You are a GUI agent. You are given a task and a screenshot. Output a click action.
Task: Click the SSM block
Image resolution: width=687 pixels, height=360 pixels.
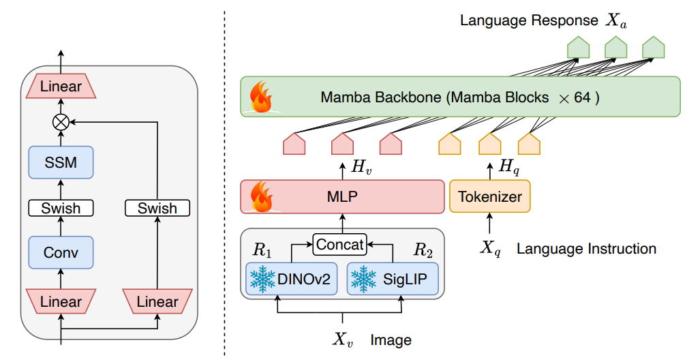pos(61,162)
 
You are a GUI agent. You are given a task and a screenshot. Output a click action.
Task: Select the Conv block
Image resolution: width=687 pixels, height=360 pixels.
pos(61,252)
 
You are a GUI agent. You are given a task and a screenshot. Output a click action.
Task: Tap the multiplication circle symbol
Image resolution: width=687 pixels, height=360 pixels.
pos(61,122)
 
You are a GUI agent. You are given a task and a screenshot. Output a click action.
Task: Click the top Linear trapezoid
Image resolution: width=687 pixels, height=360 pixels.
pos(61,86)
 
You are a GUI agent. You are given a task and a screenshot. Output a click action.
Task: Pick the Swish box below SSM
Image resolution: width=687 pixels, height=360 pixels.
pos(61,208)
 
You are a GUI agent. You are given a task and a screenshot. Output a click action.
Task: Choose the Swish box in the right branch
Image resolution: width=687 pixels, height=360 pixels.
pos(157,208)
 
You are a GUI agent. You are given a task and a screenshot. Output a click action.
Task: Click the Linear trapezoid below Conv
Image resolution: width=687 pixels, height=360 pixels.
pos(61,301)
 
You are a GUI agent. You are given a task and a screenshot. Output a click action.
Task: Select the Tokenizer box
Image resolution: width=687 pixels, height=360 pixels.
pos(490,196)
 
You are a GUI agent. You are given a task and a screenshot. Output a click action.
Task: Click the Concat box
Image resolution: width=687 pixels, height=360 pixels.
pos(339,244)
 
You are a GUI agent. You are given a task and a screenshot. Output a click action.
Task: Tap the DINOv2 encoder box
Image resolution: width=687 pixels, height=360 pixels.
pos(292,279)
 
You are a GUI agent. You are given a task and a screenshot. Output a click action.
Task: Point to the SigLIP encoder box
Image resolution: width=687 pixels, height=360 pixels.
pos(393,279)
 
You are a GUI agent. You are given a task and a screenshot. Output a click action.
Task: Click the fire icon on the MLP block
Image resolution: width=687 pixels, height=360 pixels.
pos(261,196)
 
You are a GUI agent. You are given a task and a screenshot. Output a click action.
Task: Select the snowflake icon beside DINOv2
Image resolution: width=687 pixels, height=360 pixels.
pos(262,279)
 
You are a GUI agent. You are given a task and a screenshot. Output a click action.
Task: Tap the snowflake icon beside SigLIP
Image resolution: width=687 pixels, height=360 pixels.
pos(364,279)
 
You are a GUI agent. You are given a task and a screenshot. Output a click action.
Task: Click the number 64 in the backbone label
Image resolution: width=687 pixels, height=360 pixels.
pos(582,97)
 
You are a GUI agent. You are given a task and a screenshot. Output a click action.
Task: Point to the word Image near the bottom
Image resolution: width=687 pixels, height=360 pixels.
pos(391,340)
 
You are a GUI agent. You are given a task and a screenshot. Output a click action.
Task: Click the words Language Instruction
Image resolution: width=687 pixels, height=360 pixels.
pos(586,249)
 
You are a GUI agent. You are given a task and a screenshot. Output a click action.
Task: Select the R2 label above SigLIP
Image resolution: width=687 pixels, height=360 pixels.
pos(423,250)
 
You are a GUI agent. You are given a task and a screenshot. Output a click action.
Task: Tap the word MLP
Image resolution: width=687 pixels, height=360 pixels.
pos(342,196)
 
